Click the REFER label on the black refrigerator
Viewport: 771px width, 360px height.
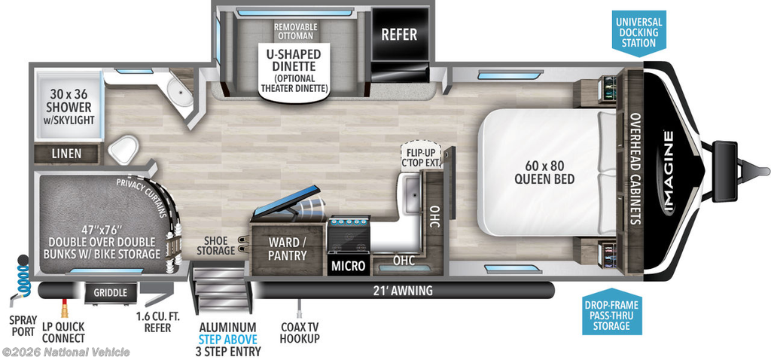(399, 35)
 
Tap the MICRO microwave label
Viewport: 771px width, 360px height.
(348, 266)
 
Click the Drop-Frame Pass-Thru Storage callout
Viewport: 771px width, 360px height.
(611, 314)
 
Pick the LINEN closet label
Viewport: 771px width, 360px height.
(67, 154)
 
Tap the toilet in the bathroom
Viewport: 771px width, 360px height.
(123, 149)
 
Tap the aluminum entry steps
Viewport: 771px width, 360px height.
(221, 288)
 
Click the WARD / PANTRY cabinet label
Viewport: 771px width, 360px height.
(287, 249)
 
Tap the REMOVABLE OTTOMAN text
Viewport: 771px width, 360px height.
(295, 31)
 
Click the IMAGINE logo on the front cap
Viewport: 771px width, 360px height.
(669, 170)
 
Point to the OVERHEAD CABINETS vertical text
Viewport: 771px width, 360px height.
(635, 169)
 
